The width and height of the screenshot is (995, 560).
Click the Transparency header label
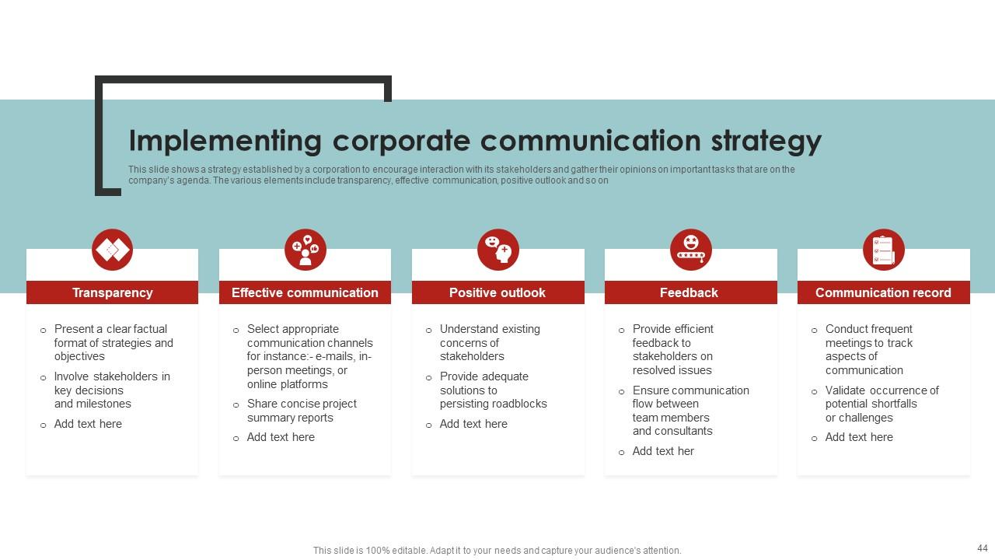pos(112,292)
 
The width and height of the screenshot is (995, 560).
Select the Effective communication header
pos(305,292)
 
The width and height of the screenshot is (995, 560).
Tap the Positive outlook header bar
pos(497,292)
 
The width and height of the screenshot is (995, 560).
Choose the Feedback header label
pos(689,292)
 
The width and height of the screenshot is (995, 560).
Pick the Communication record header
pos(883,292)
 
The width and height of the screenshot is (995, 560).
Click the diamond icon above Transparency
pos(112,250)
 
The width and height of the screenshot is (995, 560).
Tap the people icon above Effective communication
pos(305,250)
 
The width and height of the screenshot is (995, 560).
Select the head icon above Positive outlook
pos(497,250)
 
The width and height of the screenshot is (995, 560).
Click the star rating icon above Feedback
pos(690,250)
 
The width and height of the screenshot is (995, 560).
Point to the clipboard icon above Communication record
pos(883,250)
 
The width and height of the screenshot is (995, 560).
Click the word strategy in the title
pos(766,142)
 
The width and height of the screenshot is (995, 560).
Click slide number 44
pos(982,548)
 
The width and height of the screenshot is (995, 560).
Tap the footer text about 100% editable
pos(497,551)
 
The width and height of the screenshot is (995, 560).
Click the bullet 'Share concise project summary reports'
pos(302,411)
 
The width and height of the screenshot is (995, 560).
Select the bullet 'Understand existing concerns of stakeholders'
pos(490,343)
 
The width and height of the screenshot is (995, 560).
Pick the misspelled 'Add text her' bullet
pos(663,451)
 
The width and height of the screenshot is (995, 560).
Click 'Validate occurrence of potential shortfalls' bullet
pos(882,404)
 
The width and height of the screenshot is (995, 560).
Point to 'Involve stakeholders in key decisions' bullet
pos(112,390)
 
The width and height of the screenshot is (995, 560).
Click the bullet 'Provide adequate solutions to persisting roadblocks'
pos(493,390)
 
